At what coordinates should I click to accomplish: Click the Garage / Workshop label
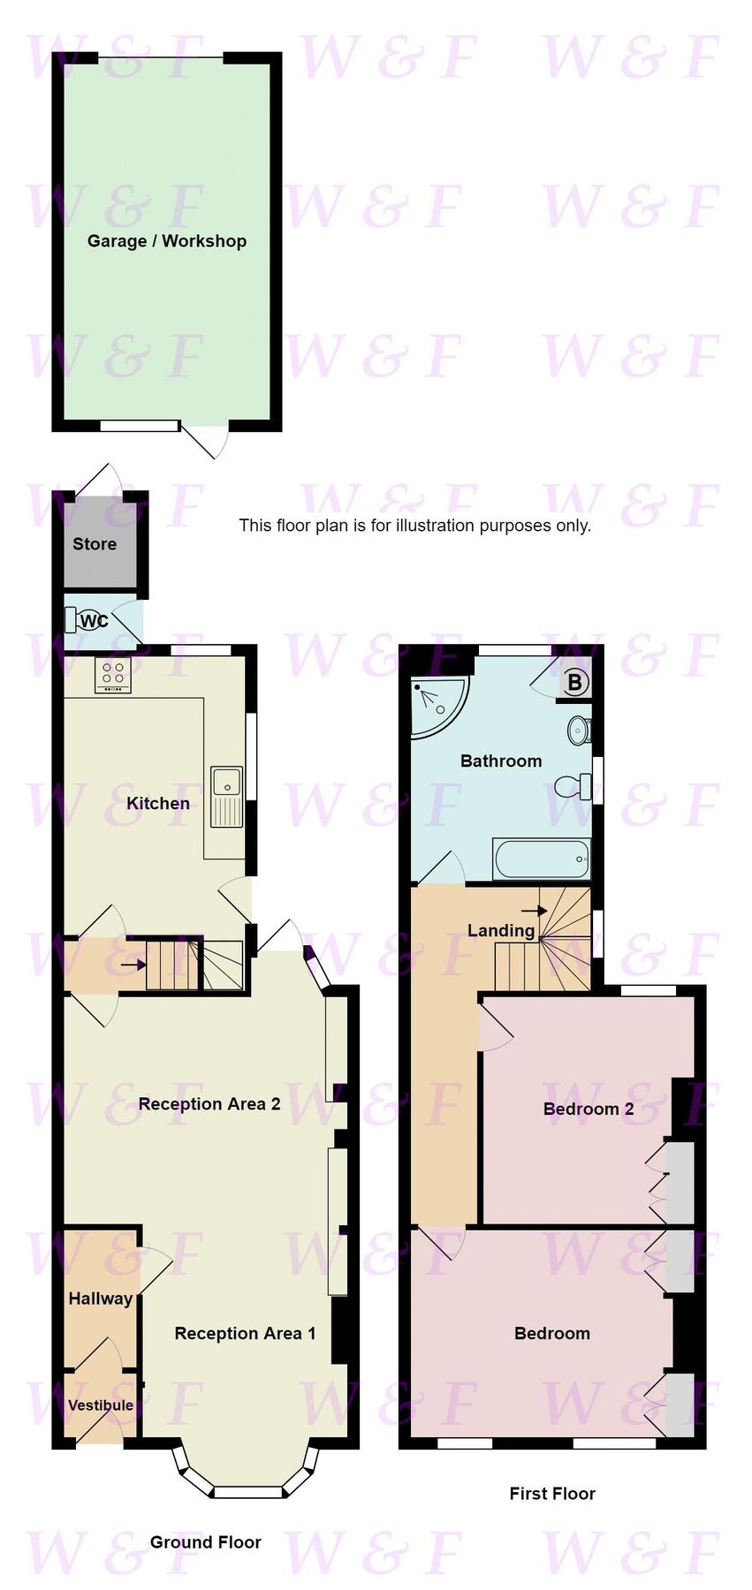pyautogui.click(x=166, y=241)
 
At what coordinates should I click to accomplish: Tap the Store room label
pyautogui.click(x=95, y=544)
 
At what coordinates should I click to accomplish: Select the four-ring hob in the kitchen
pyautogui.click(x=113, y=676)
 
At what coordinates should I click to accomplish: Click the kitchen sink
pyautogui.click(x=226, y=784)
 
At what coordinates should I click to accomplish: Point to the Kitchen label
pyautogui.click(x=158, y=803)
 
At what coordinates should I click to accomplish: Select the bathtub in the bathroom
pyautogui.click(x=542, y=859)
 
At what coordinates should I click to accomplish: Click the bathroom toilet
pyautogui.click(x=574, y=784)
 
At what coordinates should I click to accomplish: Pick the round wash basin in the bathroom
pyautogui.click(x=580, y=730)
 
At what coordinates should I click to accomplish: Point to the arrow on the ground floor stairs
pyautogui.click(x=133, y=965)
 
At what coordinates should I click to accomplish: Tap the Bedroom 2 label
pyautogui.click(x=589, y=1109)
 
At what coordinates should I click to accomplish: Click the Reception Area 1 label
pyautogui.click(x=245, y=1333)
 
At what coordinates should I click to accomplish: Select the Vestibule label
pyautogui.click(x=101, y=1404)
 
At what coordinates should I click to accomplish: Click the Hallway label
pyautogui.click(x=101, y=1298)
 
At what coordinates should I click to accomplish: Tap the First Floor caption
pyautogui.click(x=552, y=1494)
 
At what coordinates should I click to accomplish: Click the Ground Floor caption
pyautogui.click(x=205, y=1542)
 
